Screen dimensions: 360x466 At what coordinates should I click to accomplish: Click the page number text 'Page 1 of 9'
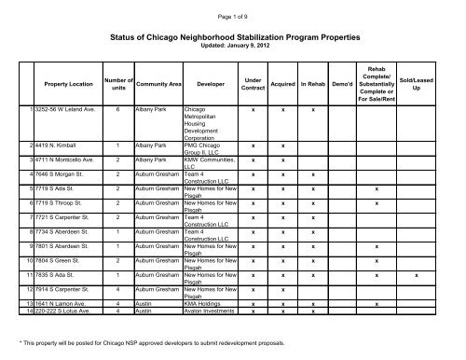[x=232, y=8]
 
